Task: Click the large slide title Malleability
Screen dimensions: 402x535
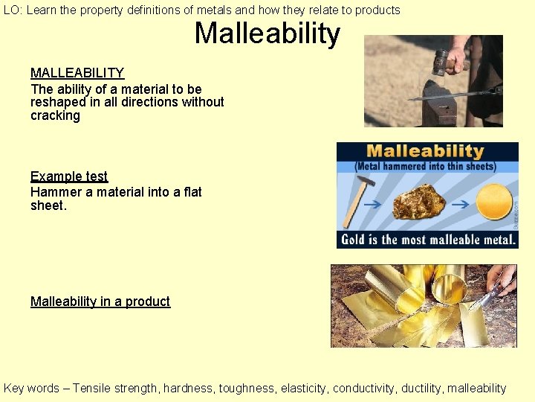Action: (x=267, y=34)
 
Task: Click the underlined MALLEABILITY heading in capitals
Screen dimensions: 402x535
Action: (x=77, y=73)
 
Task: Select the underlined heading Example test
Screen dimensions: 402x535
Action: (x=69, y=176)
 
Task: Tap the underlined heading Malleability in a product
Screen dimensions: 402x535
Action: (x=100, y=301)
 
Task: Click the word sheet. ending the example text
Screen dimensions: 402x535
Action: (x=48, y=205)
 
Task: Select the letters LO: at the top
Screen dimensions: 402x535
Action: (x=13, y=10)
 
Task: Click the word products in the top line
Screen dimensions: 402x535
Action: (x=374, y=10)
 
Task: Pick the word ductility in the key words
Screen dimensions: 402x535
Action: (x=418, y=388)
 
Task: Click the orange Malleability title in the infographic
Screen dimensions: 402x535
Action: (x=425, y=152)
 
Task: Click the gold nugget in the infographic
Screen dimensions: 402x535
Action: (x=418, y=202)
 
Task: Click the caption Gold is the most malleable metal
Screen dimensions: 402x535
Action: (x=427, y=240)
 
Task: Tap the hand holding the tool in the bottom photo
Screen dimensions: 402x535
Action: (x=502, y=279)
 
